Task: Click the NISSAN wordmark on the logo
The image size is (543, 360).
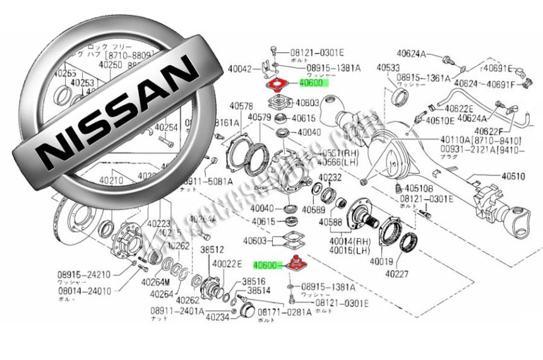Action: click(117, 112)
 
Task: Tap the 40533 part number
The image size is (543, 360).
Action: click(388, 67)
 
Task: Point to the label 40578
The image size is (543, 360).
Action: click(241, 105)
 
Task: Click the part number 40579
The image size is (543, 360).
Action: click(259, 117)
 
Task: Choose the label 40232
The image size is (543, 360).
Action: click(329, 178)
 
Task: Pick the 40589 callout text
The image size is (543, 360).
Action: click(314, 209)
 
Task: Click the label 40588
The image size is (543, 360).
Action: click(330, 222)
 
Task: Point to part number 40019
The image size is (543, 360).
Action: click(382, 261)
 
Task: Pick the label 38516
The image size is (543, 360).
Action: click(254, 281)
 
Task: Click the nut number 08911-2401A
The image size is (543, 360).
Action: click(177, 311)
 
